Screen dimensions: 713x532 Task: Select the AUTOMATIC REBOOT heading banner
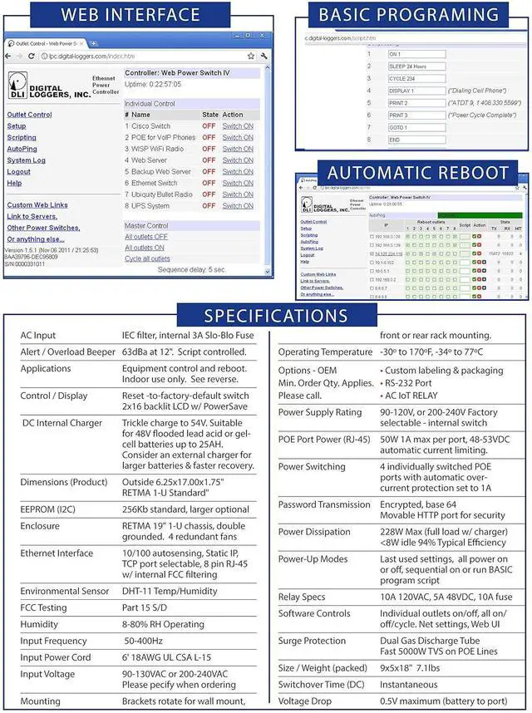pos(417,173)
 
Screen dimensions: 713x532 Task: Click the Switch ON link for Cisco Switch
pos(238,126)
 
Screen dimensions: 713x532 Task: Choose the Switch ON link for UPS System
pos(238,206)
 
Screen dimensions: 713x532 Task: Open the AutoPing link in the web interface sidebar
pos(22,149)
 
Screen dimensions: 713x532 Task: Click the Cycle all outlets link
pos(147,258)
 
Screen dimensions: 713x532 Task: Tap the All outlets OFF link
pos(146,237)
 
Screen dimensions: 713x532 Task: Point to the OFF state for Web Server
pos(208,160)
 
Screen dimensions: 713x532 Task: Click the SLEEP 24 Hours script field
pos(416,66)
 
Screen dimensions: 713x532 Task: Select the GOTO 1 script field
pos(416,127)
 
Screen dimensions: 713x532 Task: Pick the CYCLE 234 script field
pos(416,78)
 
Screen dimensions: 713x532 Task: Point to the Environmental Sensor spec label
pos(65,591)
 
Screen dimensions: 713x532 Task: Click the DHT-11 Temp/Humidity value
pos(173,591)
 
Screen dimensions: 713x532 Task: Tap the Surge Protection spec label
pos(313,641)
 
